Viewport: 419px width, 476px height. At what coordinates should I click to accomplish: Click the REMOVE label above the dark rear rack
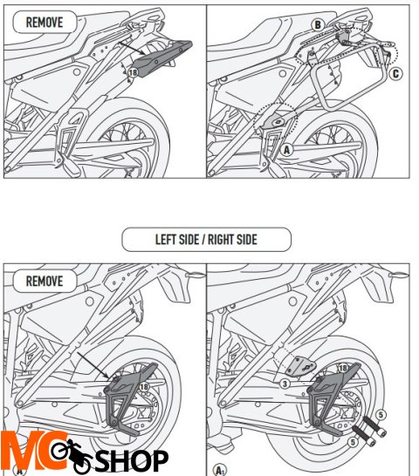point(45,22)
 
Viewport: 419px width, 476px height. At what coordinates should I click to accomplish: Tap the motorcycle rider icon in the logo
point(70,453)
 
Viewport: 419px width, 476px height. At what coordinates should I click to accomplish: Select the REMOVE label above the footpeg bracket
point(45,281)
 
